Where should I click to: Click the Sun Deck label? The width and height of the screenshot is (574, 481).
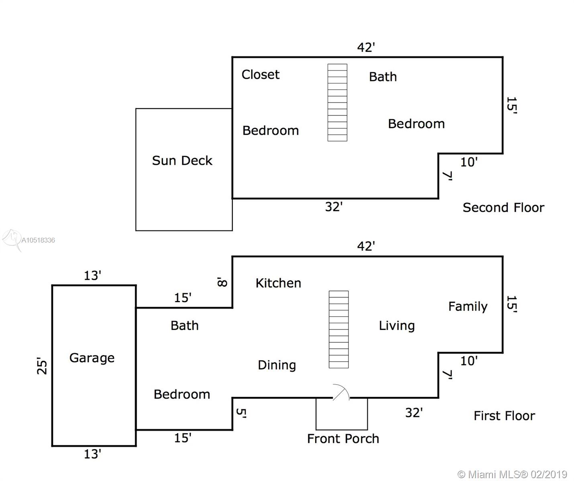182,160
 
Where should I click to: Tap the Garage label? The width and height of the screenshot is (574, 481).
92,358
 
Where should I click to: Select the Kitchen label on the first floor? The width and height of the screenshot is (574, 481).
278,283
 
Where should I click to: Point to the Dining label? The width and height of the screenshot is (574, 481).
277,365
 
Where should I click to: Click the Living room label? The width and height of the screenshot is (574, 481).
397,325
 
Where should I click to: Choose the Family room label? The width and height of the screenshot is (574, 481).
468,306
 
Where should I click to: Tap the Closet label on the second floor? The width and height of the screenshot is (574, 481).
261,75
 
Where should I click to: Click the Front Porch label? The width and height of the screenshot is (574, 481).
343,439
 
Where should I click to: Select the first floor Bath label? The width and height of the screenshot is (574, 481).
184,325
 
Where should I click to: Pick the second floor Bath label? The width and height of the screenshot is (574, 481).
383,77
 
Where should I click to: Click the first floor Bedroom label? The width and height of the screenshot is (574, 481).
182,394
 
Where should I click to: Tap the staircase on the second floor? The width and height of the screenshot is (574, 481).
337,103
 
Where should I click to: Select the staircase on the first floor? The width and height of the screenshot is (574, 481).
339,329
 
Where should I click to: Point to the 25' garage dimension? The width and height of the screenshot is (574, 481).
42,366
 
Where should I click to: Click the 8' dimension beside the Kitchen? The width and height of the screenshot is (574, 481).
222,282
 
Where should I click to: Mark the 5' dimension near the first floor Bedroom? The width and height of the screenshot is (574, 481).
241,413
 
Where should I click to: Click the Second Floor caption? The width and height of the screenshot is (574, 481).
503,207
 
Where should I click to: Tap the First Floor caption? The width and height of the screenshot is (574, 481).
504,416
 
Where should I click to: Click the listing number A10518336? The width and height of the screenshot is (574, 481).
38,240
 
